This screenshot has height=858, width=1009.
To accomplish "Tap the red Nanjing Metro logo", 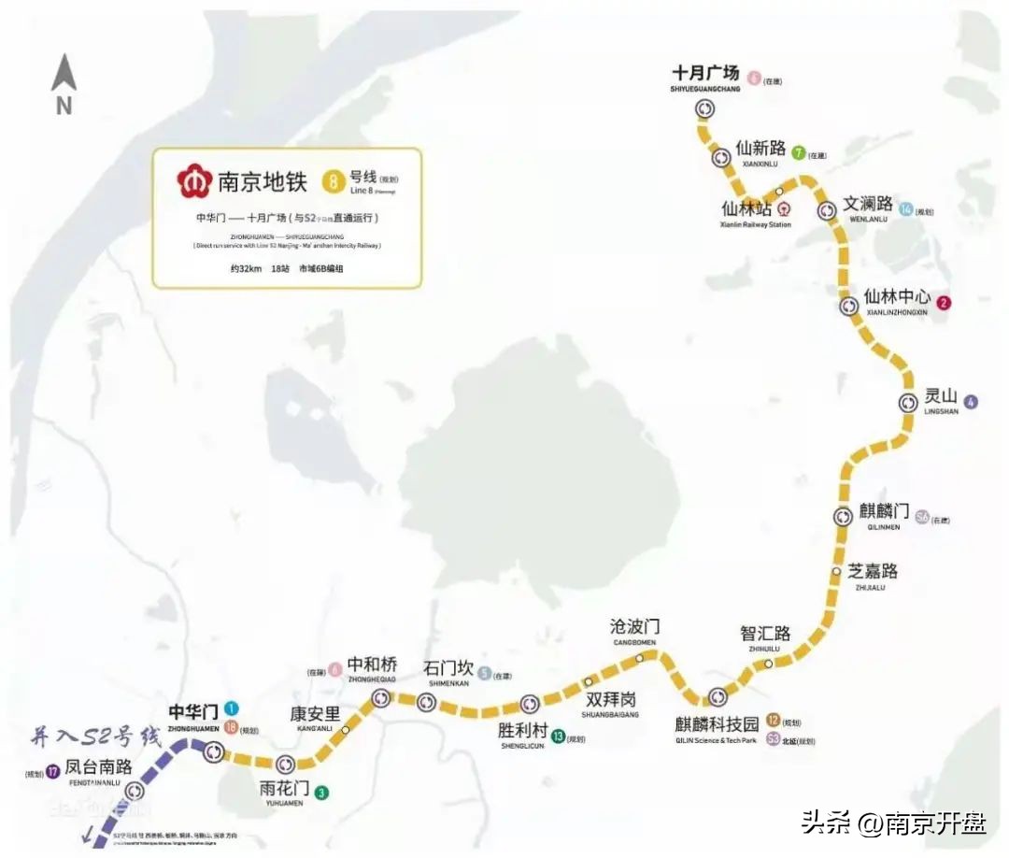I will tap(195, 180).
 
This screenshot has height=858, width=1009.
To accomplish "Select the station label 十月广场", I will tap(705, 73).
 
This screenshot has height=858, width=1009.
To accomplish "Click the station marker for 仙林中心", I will tap(848, 306).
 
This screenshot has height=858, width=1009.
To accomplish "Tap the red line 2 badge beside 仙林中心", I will tap(944, 303).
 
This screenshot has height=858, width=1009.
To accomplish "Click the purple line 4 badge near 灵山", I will tap(972, 403).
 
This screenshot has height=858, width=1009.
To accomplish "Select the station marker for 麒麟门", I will tap(843, 516).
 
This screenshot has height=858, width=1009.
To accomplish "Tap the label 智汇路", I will tap(765, 633).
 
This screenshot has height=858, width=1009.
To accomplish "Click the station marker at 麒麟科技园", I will tap(718, 696).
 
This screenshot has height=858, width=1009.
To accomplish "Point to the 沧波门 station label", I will tap(634, 626).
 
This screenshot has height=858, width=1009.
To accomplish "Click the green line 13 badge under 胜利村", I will tap(558, 736).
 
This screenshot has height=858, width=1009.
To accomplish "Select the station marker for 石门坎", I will tap(426, 700).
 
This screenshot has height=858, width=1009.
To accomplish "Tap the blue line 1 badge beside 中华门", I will tap(232, 708).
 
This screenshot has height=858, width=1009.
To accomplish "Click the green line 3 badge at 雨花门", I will tap(321, 794).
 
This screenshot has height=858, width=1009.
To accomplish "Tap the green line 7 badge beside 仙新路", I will tap(798, 152).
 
